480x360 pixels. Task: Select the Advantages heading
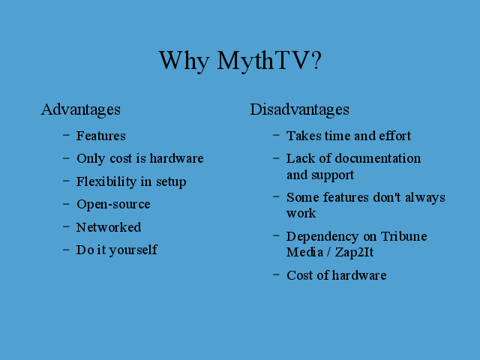(x=81, y=110)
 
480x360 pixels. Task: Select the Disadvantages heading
(x=300, y=110)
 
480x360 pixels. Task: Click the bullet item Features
(x=101, y=136)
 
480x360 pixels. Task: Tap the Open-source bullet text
(x=113, y=205)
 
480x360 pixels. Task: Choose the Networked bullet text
(x=109, y=227)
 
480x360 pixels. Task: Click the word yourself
(x=133, y=250)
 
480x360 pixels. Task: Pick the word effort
(x=395, y=136)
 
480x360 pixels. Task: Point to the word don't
(x=387, y=197)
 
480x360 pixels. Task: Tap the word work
(x=301, y=213)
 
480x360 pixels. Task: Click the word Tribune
(x=403, y=236)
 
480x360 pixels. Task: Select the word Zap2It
(x=354, y=253)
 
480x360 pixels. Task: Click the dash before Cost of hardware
(x=276, y=274)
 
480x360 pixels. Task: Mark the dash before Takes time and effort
(x=276, y=135)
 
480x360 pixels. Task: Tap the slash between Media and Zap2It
(x=328, y=253)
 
